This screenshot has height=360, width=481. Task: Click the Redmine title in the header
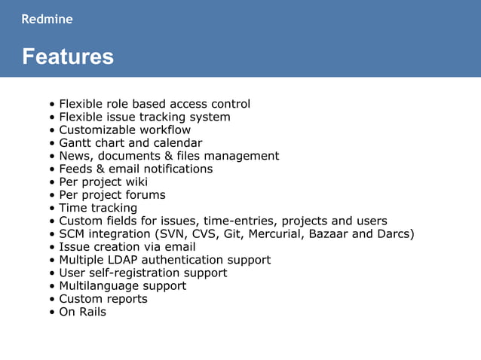click(47, 20)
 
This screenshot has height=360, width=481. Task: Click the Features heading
click(68, 56)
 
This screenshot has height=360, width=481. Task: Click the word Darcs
click(393, 233)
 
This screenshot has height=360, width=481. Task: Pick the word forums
click(145, 195)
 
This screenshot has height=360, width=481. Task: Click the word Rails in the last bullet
click(93, 312)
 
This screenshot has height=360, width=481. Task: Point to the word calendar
click(177, 143)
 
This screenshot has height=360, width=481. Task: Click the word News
click(75, 156)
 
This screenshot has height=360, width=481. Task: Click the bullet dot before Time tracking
click(51, 209)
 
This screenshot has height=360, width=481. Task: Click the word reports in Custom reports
click(127, 299)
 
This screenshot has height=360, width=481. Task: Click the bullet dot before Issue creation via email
click(51, 248)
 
